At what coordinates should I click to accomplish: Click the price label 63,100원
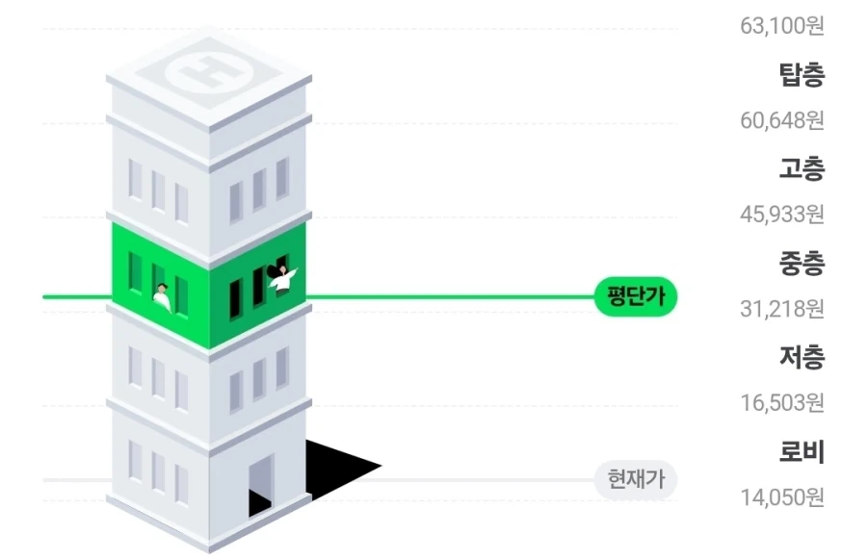click(x=782, y=25)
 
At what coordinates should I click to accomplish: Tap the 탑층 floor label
click(x=801, y=74)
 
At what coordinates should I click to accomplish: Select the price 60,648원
click(x=782, y=120)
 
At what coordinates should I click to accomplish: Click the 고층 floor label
click(x=801, y=168)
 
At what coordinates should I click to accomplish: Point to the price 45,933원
click(x=782, y=215)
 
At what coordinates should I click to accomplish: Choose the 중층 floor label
click(x=801, y=263)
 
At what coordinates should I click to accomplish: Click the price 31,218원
click(x=782, y=309)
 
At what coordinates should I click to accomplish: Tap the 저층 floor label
click(x=801, y=357)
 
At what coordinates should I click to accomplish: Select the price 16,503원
click(x=782, y=402)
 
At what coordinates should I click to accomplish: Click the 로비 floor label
click(x=801, y=452)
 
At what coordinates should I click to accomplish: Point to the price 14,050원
click(x=782, y=497)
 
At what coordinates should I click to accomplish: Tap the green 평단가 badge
click(x=636, y=296)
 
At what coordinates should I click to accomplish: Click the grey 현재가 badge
click(x=636, y=479)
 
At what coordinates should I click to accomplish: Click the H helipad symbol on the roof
click(x=209, y=72)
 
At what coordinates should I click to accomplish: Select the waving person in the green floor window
click(x=282, y=278)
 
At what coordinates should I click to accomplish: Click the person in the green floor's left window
click(x=162, y=297)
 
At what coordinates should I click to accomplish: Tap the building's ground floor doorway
click(x=261, y=485)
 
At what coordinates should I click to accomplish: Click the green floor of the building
click(x=209, y=286)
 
